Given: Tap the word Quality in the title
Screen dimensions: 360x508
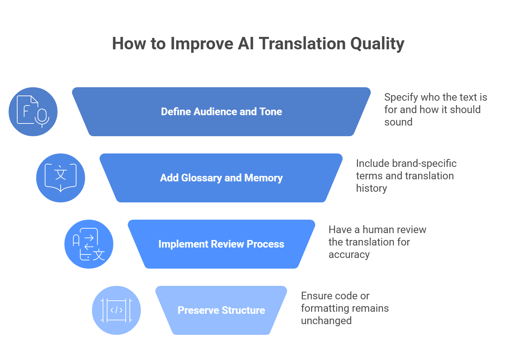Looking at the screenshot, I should [377, 44].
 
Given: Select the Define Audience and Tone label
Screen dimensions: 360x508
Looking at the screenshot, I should [221, 112].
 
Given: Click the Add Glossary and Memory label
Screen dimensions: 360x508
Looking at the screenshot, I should [221, 178].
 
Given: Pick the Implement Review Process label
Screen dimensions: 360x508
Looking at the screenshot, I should [221, 244].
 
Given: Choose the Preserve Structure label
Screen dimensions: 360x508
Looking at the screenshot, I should [221, 310].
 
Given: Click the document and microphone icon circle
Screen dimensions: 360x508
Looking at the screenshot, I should [33, 112].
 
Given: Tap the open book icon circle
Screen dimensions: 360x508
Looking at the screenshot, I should [61, 178].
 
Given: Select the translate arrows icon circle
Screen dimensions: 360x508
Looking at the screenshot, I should [89, 244].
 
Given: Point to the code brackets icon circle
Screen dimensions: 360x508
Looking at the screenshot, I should [116, 310].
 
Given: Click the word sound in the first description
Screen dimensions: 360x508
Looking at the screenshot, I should [398, 122].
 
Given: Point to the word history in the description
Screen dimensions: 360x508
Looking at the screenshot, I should [371, 188].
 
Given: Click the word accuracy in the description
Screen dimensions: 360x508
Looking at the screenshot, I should [349, 254].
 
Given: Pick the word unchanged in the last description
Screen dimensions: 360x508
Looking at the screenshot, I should [326, 321].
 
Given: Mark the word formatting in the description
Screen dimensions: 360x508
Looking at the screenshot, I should [324, 308].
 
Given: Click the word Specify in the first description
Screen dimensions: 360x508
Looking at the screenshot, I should [401, 98].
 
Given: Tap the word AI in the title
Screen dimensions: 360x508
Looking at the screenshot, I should [246, 44].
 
